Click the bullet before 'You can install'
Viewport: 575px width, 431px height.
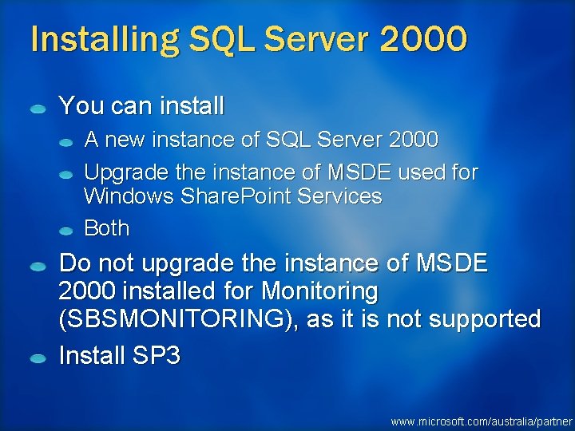coord(38,109)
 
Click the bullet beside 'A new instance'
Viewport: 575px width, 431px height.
coord(69,142)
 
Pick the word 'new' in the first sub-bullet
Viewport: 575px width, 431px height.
coord(125,140)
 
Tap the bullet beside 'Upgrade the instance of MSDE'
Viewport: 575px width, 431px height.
coord(69,173)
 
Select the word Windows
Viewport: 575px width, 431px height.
coord(121,196)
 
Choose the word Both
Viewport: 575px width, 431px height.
coord(106,228)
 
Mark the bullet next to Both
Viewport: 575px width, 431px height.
coord(69,231)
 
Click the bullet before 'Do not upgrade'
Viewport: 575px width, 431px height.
coord(38,266)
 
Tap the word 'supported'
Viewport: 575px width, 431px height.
coord(483,319)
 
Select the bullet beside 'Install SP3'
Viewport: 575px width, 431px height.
coord(38,358)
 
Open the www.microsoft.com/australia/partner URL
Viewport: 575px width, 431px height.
coord(482,421)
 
